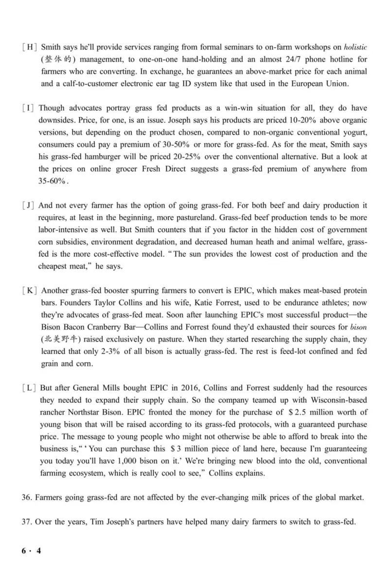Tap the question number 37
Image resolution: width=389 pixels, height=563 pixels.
tap(27, 508)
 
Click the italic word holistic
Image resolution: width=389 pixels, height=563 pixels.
tap(355, 48)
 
